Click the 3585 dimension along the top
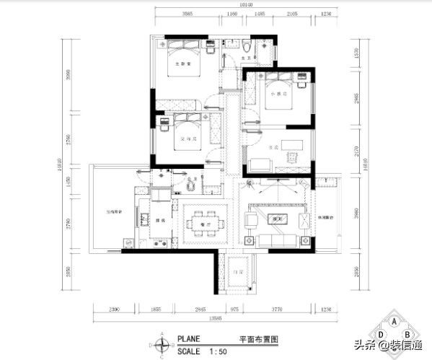pos(187,14)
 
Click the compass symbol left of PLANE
pos(164,345)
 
